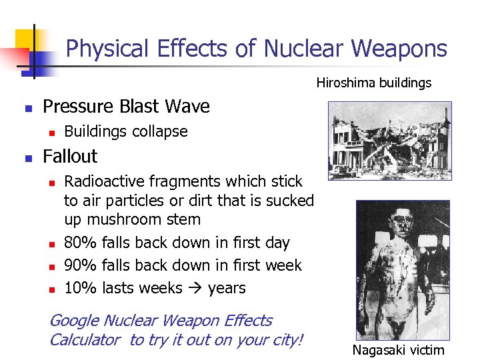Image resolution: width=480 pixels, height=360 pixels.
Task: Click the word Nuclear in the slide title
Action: [304, 49]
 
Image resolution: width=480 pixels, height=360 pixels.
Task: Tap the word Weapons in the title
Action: [399, 49]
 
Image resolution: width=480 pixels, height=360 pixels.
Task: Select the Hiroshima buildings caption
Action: [373, 83]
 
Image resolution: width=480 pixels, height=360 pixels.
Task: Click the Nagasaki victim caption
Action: [398, 350]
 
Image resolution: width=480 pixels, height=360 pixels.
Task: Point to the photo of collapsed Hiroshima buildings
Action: [391, 140]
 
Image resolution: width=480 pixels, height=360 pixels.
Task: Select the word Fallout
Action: [70, 157]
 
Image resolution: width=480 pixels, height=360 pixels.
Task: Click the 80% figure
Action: [81, 243]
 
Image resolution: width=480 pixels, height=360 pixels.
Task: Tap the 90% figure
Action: [81, 265]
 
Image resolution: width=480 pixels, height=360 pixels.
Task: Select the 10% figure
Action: [81, 288]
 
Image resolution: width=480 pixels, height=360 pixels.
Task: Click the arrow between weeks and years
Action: [194, 288]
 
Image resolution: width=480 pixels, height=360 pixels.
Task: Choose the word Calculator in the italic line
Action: [85, 340]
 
